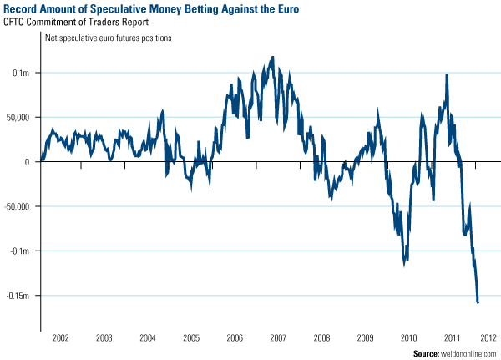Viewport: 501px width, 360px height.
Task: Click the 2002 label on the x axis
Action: (60, 338)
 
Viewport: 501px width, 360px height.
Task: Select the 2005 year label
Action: (190, 338)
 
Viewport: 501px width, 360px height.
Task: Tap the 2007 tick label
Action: (278, 338)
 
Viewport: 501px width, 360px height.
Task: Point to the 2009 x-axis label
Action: (365, 338)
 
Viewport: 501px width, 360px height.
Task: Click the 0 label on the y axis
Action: (28, 162)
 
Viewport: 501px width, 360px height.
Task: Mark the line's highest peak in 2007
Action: (273, 57)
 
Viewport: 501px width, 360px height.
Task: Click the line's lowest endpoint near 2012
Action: (478, 302)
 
